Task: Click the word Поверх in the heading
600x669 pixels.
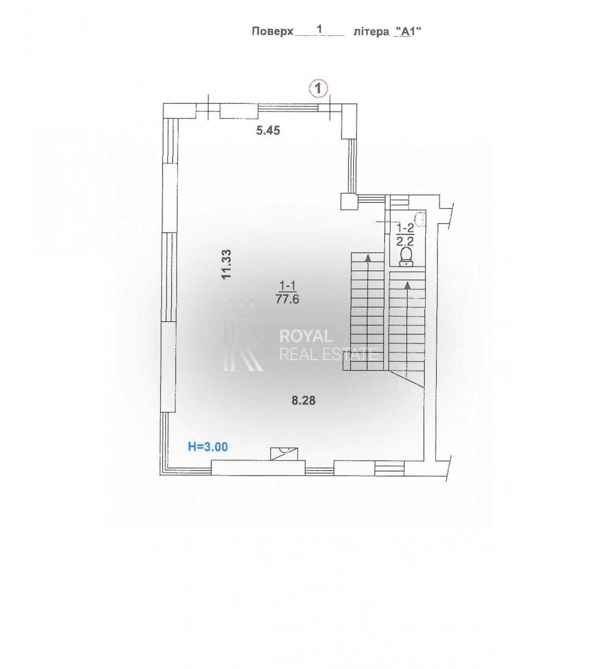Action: click(x=272, y=31)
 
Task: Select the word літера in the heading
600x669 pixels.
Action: click(x=371, y=32)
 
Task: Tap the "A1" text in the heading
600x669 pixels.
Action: click(x=408, y=31)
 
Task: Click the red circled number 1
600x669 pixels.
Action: click(x=318, y=89)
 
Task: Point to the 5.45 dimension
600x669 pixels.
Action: click(x=268, y=130)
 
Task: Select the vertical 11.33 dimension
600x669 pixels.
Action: click(x=226, y=265)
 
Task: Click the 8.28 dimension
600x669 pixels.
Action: click(x=303, y=401)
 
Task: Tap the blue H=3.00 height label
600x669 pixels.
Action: click(x=208, y=447)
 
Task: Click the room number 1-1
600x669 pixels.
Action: click(x=287, y=285)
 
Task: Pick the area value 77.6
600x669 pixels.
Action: click(x=287, y=299)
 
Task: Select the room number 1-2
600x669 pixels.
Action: click(x=405, y=227)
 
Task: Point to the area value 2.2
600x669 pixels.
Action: click(x=405, y=241)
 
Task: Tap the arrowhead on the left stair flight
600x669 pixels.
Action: click(x=368, y=258)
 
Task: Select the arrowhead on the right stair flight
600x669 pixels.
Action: click(x=408, y=285)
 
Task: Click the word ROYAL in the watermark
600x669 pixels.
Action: click(x=306, y=337)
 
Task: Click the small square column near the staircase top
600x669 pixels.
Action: click(x=349, y=201)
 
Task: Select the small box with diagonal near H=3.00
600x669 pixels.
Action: click(x=284, y=454)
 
